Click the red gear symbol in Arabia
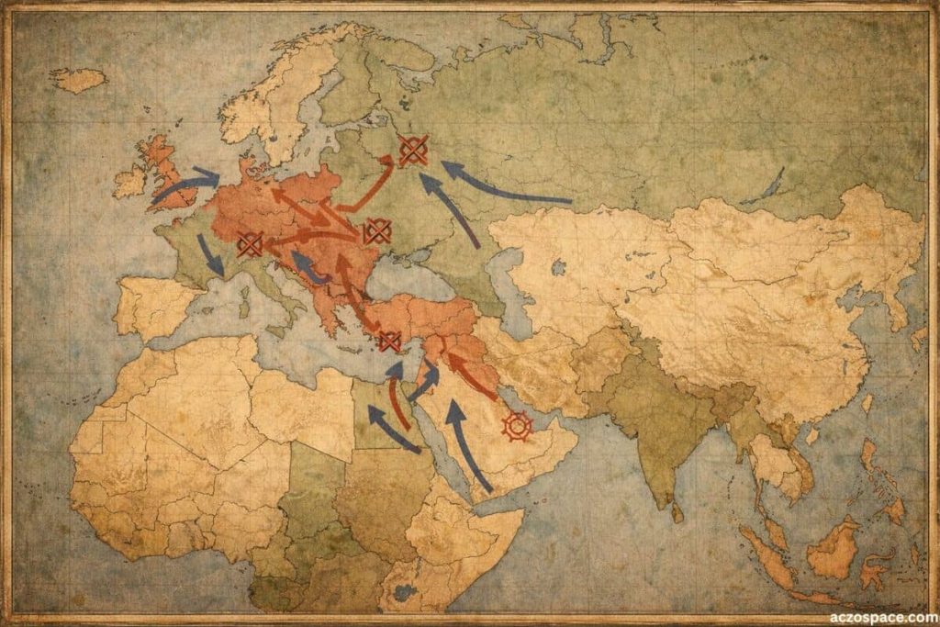518,425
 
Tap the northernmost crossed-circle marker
413,150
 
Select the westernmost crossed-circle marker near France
250,243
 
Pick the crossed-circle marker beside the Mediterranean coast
389,341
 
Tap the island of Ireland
129,182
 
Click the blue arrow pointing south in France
209,255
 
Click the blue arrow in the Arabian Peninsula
468,445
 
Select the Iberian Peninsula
151,308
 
